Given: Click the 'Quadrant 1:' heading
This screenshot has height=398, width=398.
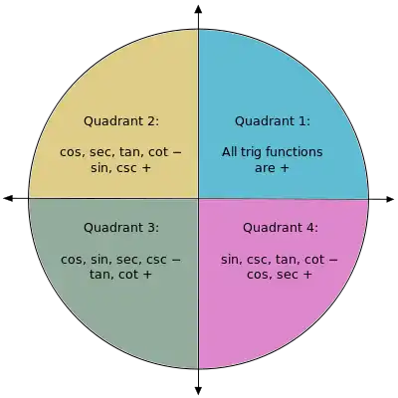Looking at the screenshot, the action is pyautogui.click(x=273, y=121).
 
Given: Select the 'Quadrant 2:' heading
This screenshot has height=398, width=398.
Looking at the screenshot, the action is pyautogui.click(x=121, y=121).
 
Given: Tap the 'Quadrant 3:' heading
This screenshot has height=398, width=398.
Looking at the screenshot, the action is pyautogui.click(x=121, y=228).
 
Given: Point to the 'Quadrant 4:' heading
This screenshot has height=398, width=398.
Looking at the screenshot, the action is pyautogui.click(x=281, y=228).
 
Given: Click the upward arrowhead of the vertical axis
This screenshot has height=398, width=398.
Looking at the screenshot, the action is pyautogui.click(x=198, y=9).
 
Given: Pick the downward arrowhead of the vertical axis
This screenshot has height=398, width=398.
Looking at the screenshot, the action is pyautogui.click(x=198, y=390).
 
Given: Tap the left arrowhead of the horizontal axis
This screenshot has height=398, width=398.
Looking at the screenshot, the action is pyautogui.click(x=8, y=198).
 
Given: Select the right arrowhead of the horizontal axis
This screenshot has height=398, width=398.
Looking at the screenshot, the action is pyautogui.click(x=389, y=199).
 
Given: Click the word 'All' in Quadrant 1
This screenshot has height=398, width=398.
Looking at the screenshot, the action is pyautogui.click(x=230, y=152).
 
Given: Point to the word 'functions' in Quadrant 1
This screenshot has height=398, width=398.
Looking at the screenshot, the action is pyautogui.click(x=295, y=152).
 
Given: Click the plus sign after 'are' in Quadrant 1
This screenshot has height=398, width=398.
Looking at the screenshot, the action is pyautogui.click(x=285, y=168).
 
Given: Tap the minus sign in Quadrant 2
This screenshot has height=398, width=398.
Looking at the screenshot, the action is pyautogui.click(x=177, y=153).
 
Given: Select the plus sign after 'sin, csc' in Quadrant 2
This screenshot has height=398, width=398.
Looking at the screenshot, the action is pyautogui.click(x=146, y=168).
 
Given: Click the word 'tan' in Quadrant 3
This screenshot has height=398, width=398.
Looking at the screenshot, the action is pyautogui.click(x=100, y=275).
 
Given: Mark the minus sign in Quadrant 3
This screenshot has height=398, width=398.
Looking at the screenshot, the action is pyautogui.click(x=176, y=260).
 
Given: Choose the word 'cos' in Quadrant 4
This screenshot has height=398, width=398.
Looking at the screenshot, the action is pyautogui.click(x=259, y=275).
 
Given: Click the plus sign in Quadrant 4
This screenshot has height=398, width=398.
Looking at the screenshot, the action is pyautogui.click(x=307, y=275).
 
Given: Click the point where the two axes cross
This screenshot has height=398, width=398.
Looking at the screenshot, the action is pyautogui.click(x=198, y=199).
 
